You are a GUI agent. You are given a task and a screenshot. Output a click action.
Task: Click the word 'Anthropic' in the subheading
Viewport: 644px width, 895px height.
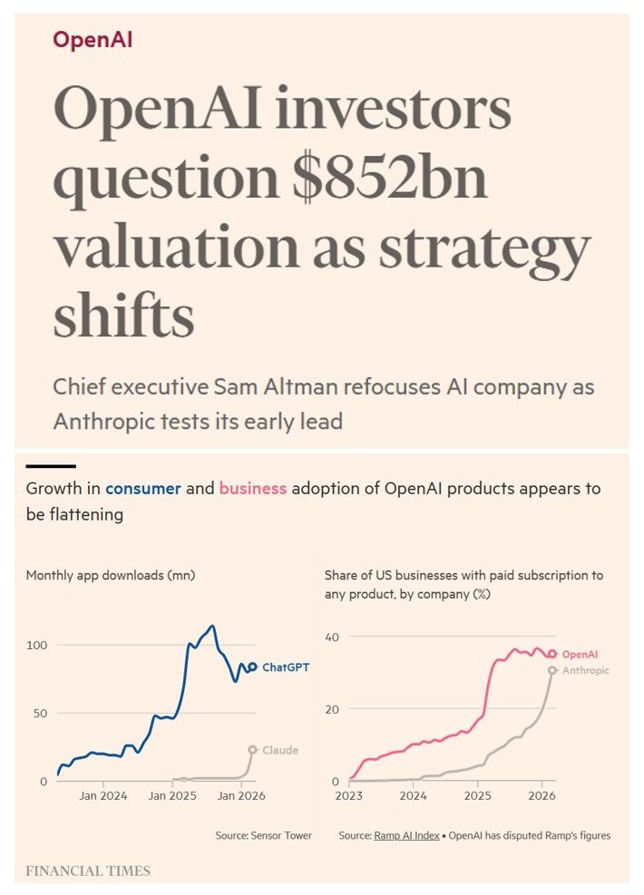[x=118, y=422]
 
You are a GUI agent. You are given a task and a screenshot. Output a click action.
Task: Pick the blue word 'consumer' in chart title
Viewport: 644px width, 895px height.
[x=143, y=489]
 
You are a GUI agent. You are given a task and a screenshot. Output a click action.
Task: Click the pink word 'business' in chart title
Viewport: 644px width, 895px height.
[x=253, y=489]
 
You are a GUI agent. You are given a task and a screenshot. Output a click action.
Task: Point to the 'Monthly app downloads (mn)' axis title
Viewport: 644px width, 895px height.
[x=111, y=575]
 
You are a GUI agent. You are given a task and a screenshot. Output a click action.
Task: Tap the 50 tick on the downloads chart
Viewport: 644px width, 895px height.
[x=39, y=714]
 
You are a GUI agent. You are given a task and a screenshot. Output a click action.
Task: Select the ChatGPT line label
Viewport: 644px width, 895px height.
[x=286, y=667]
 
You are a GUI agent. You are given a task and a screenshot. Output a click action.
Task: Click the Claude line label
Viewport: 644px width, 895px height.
[x=279, y=751]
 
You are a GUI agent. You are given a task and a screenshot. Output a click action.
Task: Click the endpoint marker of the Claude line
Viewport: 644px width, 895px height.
[x=253, y=749]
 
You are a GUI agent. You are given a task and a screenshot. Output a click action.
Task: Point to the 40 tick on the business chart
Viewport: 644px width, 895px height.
[x=332, y=637]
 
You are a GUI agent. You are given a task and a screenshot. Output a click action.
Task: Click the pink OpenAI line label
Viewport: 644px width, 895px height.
[x=580, y=654]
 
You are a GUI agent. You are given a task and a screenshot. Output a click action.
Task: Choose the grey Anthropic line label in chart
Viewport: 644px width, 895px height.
[x=586, y=671]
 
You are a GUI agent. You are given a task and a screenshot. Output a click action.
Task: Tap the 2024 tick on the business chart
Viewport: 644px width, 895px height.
[x=413, y=797]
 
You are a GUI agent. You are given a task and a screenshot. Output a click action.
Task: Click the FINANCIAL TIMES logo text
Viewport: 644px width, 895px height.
[x=88, y=871]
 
